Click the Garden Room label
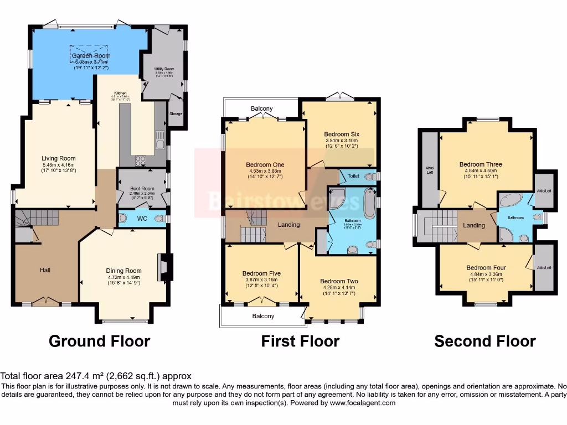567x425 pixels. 91,56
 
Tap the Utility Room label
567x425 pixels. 164,69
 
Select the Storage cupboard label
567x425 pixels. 176,114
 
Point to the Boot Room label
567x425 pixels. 141,189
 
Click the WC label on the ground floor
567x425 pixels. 142,218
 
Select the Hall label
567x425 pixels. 45,270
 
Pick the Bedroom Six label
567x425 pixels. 341,134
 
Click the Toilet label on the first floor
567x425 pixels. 353,176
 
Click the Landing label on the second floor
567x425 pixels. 474,225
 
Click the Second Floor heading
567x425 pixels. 484,341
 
